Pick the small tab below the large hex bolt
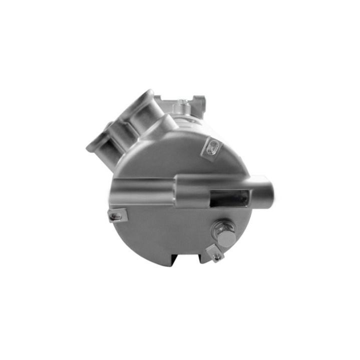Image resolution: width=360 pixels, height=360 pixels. (x=216, y=255)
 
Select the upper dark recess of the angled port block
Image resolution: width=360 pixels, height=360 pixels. (x=135, y=113)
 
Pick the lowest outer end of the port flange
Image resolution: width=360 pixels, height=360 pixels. (x=92, y=147)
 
